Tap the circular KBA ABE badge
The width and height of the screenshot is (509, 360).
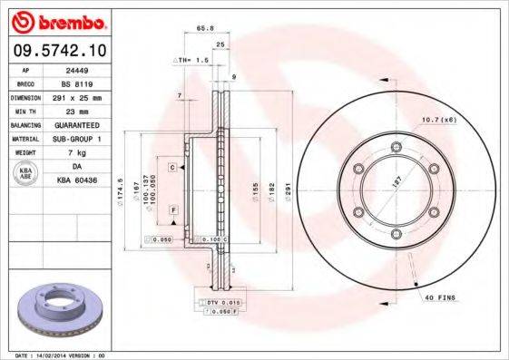click(27, 173)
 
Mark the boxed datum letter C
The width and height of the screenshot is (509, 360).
click(171, 169)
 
